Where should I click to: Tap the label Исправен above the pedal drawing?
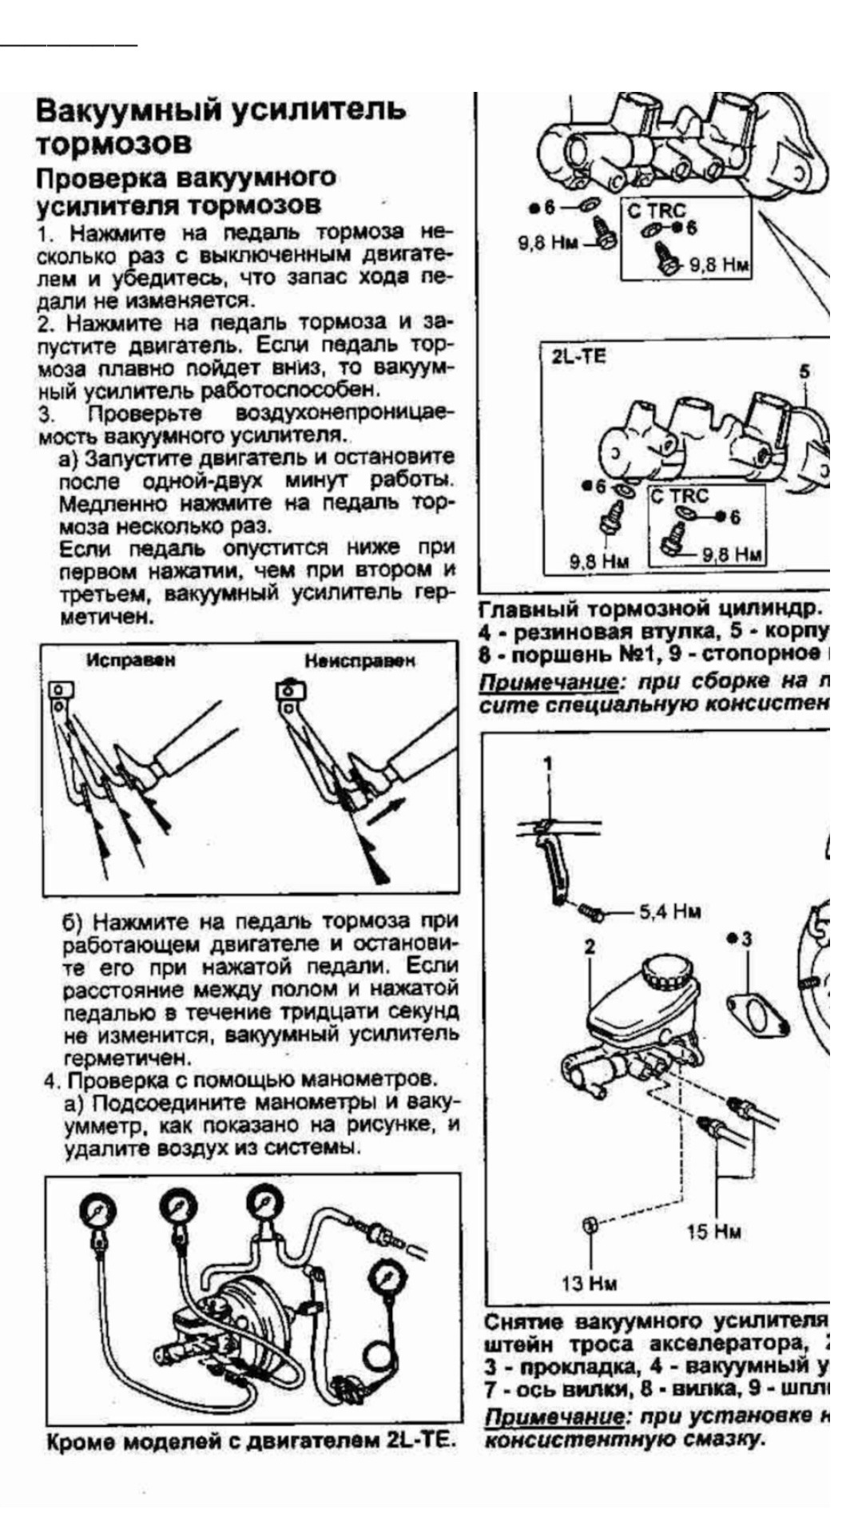point(131,661)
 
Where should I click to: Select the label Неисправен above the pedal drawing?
point(359,661)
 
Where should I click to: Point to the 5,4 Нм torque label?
point(670,911)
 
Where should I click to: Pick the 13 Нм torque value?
point(589,1283)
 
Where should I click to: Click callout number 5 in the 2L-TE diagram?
point(804,371)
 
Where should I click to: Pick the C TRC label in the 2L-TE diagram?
point(679,496)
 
